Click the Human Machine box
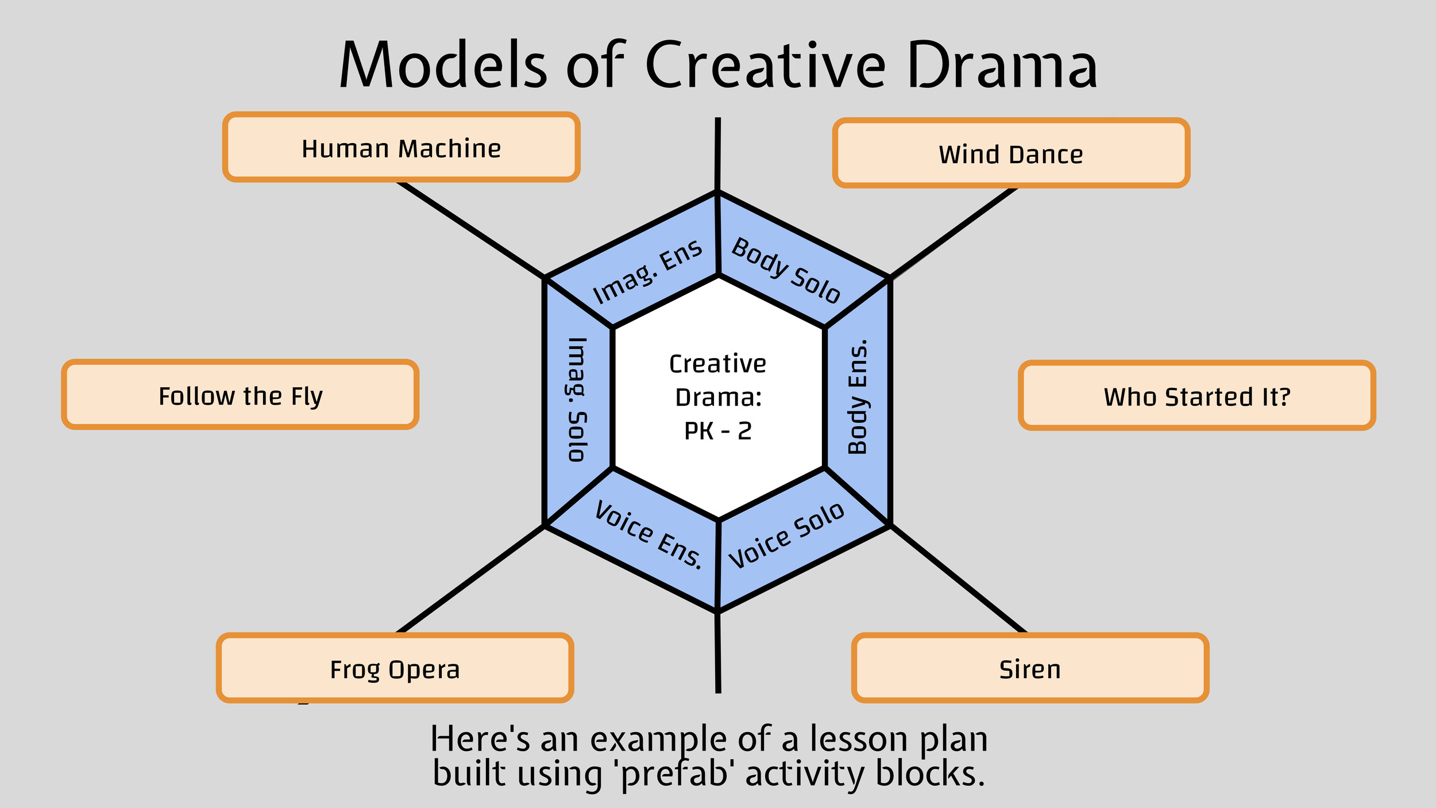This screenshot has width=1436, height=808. point(401,147)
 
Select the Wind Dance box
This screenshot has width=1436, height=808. point(1011,153)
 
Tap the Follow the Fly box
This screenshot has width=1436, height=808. point(240,395)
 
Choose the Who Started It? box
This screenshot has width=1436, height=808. point(1196,395)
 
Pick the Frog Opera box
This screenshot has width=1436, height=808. point(395,668)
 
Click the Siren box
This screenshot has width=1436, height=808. point(1030,668)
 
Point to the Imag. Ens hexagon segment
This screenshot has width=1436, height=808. point(646,270)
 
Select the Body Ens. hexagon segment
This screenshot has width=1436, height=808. point(858,397)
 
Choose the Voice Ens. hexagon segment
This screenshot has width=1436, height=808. point(648,534)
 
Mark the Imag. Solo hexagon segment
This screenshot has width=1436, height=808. point(577,399)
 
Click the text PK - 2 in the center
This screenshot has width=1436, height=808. point(718,431)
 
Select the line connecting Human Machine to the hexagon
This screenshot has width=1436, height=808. point(471,230)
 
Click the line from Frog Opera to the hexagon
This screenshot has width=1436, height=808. point(471,579)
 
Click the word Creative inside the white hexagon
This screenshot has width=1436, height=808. point(718,364)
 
